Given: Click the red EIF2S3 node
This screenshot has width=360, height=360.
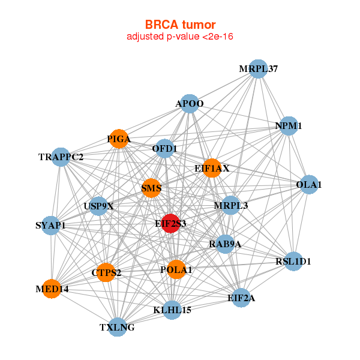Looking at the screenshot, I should (x=171, y=223).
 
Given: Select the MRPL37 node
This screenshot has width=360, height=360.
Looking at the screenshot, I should (x=257, y=68).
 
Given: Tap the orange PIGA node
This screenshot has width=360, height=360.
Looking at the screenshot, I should (x=119, y=139).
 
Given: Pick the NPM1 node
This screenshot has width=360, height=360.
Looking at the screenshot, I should (x=289, y=125).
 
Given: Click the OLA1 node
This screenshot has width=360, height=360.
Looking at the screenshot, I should (x=308, y=184).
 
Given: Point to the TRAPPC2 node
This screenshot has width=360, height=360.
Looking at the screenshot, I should (x=61, y=157).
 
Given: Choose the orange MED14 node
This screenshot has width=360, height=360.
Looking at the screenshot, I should (x=52, y=289).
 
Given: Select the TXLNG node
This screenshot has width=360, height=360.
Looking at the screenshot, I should (x=118, y=327).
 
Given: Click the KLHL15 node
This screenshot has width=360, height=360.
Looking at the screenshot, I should (x=172, y=310).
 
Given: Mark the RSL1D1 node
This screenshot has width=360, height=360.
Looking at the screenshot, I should (x=293, y=261).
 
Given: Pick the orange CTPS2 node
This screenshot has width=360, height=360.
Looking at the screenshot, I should (x=106, y=272).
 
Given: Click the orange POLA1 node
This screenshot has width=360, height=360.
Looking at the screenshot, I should (x=176, y=269).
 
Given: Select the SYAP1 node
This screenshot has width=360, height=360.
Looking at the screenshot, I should (x=51, y=226).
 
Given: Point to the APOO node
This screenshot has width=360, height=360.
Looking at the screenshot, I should (x=190, y=103).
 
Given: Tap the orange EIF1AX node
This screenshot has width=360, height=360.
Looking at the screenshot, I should (x=212, y=168).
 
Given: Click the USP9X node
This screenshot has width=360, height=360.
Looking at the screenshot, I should (x=98, y=206).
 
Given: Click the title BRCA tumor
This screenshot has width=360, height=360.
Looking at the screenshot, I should (x=180, y=25).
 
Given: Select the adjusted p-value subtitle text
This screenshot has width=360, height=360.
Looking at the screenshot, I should (x=180, y=37).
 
